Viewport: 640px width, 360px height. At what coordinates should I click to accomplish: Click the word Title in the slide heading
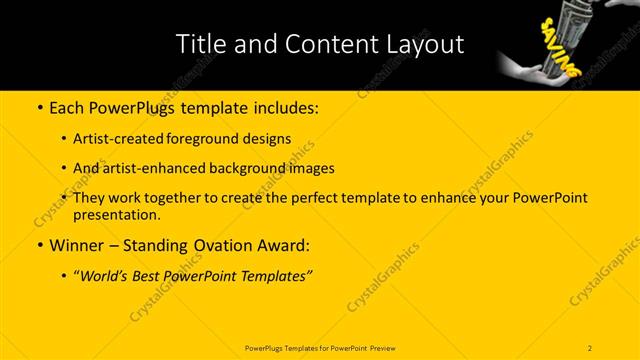[200, 44]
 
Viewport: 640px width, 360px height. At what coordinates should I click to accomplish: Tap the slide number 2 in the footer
[590, 347]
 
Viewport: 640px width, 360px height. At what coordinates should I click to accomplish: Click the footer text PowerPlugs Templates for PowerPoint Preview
[319, 347]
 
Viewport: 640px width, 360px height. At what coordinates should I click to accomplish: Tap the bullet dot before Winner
[38, 245]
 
